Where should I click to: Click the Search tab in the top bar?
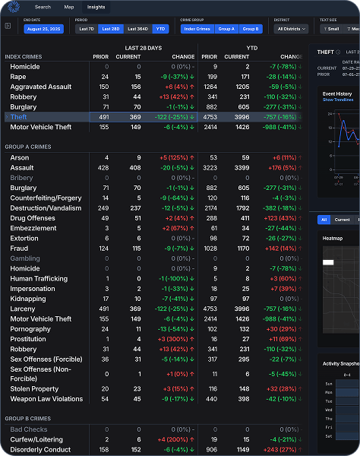pyautogui.click(x=43, y=6)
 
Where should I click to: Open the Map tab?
pyautogui.click(x=69, y=6)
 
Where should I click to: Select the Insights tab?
pyautogui.click(x=96, y=6)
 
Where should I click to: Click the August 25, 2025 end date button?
pyautogui.click(x=44, y=29)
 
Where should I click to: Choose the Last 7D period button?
pyautogui.click(x=87, y=29)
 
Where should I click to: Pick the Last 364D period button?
pyautogui.click(x=137, y=29)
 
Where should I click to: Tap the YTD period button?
pyautogui.click(x=161, y=29)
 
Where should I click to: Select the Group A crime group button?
pyautogui.click(x=226, y=29)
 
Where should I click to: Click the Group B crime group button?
pyautogui.click(x=251, y=29)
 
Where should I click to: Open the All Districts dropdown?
pyautogui.click(x=291, y=29)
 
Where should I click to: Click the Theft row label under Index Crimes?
pyautogui.click(x=19, y=117)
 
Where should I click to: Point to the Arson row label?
pyautogui.click(x=20, y=158)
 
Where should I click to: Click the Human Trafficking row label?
pyautogui.click(x=39, y=278)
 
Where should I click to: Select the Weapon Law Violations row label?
pyautogui.click(x=47, y=398)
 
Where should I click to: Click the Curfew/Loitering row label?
pyautogui.click(x=37, y=439)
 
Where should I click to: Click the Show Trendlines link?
pyautogui.click(x=338, y=100)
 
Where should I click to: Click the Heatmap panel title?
pyautogui.click(x=333, y=239)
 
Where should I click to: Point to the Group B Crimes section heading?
pyautogui.click(x=28, y=419)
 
